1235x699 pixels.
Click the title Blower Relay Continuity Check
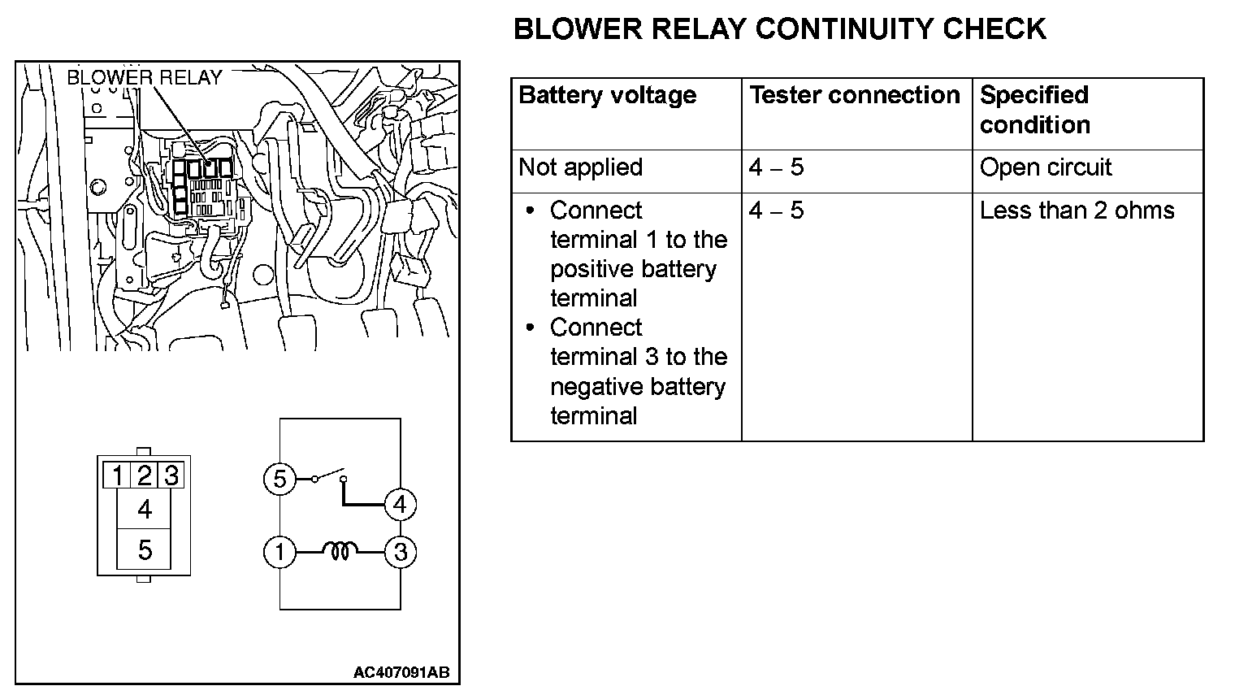[x=779, y=29]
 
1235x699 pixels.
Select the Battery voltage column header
[x=607, y=95]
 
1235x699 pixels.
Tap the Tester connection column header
[x=854, y=95]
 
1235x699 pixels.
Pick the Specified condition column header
[x=1034, y=110]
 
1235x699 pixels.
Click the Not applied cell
[x=580, y=167]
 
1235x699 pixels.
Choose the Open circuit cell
[x=1045, y=167]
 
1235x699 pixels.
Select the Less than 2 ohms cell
[x=1077, y=211]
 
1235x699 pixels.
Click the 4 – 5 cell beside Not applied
[x=776, y=167]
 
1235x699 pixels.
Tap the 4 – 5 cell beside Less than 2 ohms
[x=776, y=211]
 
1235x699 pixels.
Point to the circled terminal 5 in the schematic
[x=279, y=479]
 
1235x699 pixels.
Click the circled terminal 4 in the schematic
[x=399, y=505]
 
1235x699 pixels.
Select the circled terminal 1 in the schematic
[x=279, y=553]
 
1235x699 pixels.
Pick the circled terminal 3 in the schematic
[x=400, y=553]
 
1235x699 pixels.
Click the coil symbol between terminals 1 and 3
[x=340, y=553]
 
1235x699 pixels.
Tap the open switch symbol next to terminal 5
[x=330, y=475]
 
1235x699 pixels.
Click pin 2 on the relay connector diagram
[x=145, y=475]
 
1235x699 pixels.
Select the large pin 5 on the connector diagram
[x=145, y=550]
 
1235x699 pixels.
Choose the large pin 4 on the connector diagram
[x=145, y=510]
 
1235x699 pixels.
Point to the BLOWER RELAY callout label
[x=145, y=77]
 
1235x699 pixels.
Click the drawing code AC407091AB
[x=401, y=673]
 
